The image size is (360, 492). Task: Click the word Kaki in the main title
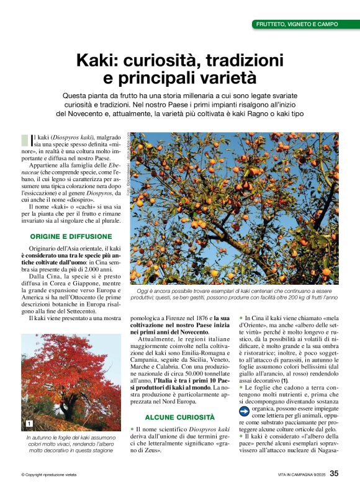click(x=96, y=61)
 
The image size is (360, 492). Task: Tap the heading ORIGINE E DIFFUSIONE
click(x=71, y=236)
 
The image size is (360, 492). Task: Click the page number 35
click(x=334, y=474)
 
